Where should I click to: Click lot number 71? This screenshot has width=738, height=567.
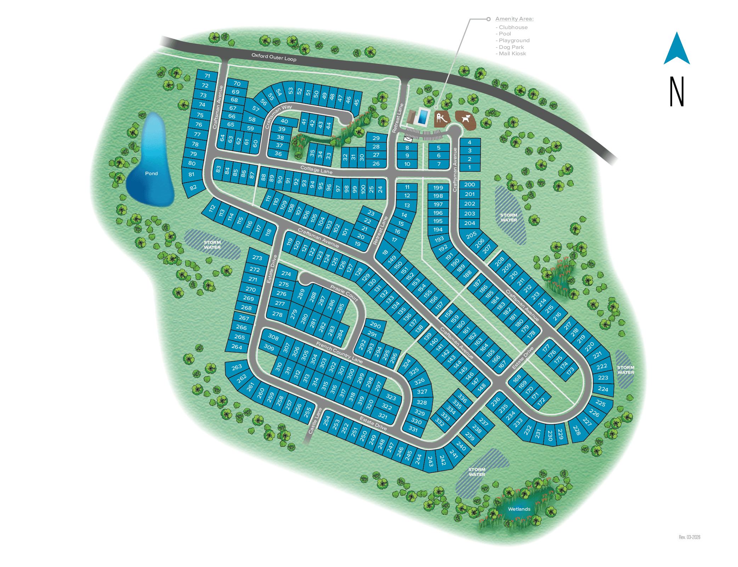[207, 76]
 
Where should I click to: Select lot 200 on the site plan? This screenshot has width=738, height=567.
[470, 185]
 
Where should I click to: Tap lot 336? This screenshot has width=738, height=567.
[462, 398]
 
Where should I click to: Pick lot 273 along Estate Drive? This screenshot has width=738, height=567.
[257, 258]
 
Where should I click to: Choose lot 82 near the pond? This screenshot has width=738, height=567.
[193, 187]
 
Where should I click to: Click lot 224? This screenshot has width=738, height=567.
[603, 389]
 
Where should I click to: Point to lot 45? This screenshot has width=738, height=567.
[357, 102]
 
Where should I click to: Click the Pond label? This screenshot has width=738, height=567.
[151, 173]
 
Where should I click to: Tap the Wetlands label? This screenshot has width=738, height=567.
[519, 509]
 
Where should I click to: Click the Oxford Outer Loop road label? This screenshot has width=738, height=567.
[274, 57]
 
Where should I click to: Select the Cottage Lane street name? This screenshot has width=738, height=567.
[316, 170]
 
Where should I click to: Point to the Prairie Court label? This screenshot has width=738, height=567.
[344, 293]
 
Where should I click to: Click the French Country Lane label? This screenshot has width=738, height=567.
[339, 352]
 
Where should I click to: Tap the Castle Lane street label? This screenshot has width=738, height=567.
[315, 421]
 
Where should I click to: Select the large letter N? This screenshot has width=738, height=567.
[677, 91]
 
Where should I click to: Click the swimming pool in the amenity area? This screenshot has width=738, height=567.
[422, 116]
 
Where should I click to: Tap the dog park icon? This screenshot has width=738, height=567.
[465, 119]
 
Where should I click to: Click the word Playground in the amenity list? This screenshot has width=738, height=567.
[514, 40]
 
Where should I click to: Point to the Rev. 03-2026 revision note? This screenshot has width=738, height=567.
[689, 537]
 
